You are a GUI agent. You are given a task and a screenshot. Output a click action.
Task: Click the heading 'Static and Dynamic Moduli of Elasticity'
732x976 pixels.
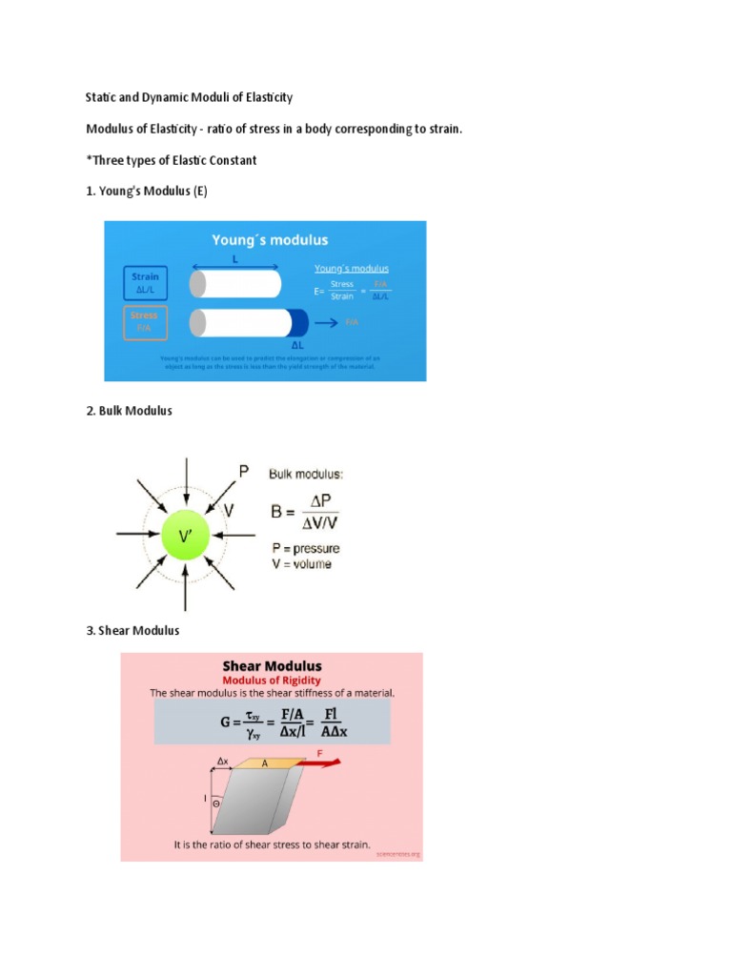[189, 97]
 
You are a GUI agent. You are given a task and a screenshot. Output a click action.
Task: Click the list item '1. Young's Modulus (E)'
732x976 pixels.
[146, 192]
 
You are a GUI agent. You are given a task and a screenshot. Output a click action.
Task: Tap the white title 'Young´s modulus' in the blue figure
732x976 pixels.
[270, 240]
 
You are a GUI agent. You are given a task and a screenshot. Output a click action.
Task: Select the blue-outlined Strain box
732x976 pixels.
[145, 282]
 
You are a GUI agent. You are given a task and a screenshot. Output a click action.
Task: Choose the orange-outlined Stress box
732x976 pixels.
[145, 321]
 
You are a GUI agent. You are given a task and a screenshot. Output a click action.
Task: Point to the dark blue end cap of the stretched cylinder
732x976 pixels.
[298, 323]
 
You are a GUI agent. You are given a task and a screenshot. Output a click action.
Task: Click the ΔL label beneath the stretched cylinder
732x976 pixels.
[297, 345]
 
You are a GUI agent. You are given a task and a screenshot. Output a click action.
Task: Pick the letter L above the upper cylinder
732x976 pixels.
[235, 259]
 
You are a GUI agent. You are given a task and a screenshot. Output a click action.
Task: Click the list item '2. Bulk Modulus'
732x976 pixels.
[129, 411]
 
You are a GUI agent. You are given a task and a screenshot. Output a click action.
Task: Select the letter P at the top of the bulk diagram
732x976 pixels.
[243, 471]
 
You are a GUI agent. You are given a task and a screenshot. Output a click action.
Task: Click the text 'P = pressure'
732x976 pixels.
[304, 548]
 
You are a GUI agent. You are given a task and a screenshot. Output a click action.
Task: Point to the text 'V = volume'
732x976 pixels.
[300, 564]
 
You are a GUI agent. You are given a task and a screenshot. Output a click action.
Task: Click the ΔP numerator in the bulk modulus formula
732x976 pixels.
[323, 500]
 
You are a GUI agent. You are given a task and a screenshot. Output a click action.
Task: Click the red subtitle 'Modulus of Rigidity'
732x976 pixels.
[272, 681]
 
